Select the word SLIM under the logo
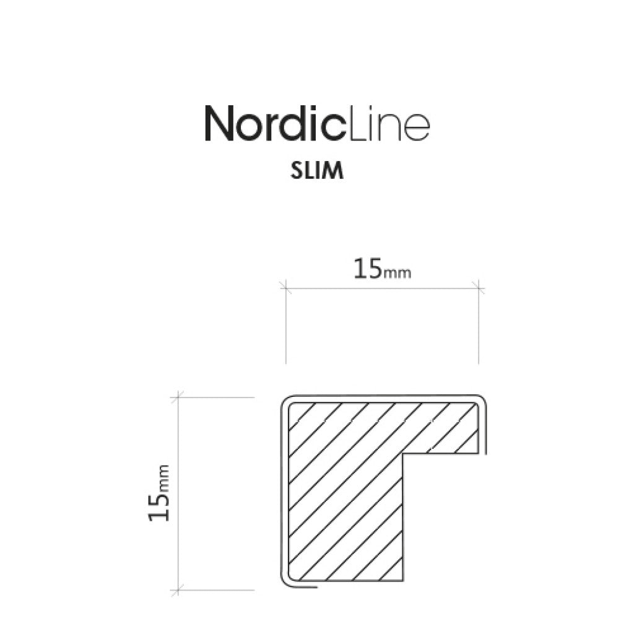click(x=316, y=172)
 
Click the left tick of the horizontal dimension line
click(x=285, y=286)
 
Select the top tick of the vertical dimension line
click(x=179, y=396)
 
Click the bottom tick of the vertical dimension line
click(x=179, y=589)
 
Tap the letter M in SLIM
click(x=333, y=172)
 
